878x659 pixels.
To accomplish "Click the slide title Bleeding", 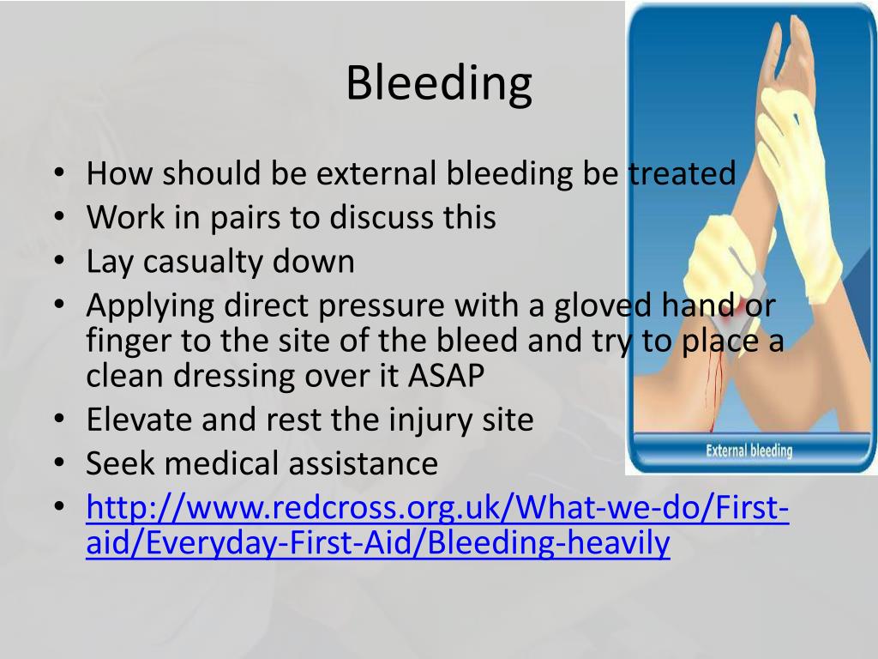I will (x=439, y=83).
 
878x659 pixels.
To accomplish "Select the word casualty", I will (x=204, y=261).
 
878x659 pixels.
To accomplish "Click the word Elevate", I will (x=141, y=420).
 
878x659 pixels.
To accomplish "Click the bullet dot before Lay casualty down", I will (x=57, y=260).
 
